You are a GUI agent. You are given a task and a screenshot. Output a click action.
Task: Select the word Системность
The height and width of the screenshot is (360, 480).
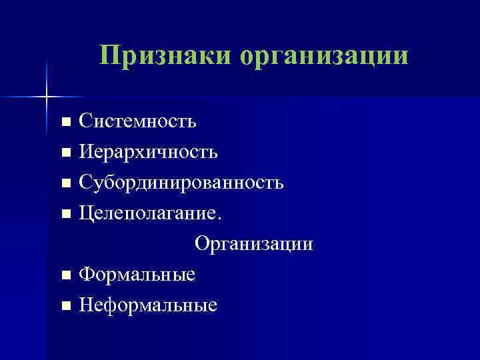[x=137, y=121]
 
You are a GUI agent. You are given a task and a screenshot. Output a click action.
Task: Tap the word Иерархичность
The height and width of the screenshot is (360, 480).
[x=148, y=152]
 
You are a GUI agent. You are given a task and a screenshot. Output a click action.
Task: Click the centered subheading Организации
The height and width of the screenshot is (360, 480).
[x=253, y=245]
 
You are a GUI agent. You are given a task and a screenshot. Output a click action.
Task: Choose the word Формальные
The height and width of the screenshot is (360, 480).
[x=137, y=274]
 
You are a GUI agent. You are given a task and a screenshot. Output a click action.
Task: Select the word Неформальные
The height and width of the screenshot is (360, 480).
[x=148, y=305]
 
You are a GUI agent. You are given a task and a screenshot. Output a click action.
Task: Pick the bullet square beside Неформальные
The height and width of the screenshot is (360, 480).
[x=65, y=306]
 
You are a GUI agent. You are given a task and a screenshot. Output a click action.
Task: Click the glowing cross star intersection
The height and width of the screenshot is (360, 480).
[x=47, y=97]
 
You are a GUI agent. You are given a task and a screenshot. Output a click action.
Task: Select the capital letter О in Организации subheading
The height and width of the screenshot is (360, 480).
[x=201, y=244]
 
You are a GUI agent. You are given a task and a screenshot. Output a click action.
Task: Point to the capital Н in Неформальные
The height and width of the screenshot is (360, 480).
[x=85, y=305]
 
